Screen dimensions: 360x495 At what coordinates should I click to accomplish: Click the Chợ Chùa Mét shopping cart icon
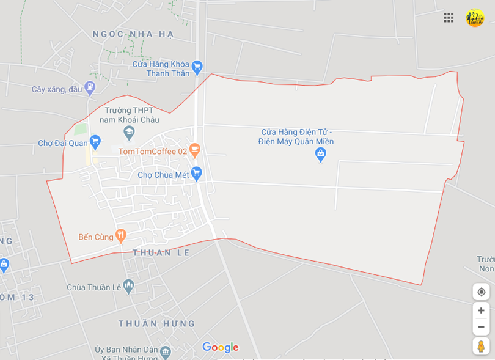click(x=196, y=174)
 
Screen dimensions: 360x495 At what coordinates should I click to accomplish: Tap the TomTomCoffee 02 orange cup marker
click(x=194, y=150)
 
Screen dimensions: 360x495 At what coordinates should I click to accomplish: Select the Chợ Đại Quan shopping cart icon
click(x=95, y=142)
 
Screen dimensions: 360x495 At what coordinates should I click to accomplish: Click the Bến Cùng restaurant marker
click(x=121, y=235)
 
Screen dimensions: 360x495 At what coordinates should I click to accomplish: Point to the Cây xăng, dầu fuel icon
click(x=90, y=88)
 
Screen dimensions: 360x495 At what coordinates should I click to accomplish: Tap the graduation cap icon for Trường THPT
click(x=129, y=132)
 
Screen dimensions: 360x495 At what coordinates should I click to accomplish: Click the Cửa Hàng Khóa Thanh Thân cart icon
click(x=196, y=67)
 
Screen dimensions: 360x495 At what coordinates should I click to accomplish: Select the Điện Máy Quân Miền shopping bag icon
click(x=320, y=155)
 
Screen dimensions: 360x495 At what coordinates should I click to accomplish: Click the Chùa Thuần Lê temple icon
click(x=128, y=285)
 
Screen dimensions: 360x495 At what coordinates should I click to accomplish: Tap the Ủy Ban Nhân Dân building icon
click(x=165, y=353)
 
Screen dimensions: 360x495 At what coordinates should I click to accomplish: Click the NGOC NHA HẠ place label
click(x=133, y=34)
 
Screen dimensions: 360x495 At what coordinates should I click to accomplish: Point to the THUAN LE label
click(x=161, y=252)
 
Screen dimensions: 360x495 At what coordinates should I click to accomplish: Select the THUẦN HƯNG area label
click(x=156, y=323)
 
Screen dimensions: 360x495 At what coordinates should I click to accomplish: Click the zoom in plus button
click(x=481, y=310)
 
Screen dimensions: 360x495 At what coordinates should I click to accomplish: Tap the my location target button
click(x=481, y=292)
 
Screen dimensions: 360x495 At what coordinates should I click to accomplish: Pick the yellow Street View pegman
click(x=481, y=346)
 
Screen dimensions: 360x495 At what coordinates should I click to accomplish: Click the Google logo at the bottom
click(x=220, y=347)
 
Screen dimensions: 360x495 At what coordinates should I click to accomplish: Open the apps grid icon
click(x=449, y=18)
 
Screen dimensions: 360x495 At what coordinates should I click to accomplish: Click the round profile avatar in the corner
click(x=475, y=18)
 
